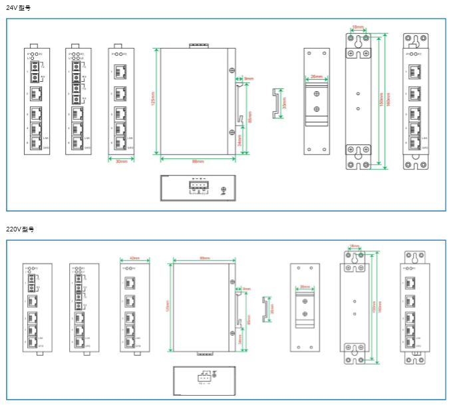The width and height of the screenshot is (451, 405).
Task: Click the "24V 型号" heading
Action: (18, 8)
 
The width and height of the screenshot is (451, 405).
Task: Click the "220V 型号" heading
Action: (20, 229)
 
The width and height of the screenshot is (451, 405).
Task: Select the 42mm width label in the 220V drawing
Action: (134, 258)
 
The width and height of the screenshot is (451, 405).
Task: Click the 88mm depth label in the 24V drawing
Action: (198, 161)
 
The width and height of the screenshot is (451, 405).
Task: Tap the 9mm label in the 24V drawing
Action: (248, 78)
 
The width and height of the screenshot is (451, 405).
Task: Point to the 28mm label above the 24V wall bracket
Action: (358, 28)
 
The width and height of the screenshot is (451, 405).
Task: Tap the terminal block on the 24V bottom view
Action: (198, 187)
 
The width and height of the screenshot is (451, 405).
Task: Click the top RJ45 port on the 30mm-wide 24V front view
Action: (121, 70)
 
